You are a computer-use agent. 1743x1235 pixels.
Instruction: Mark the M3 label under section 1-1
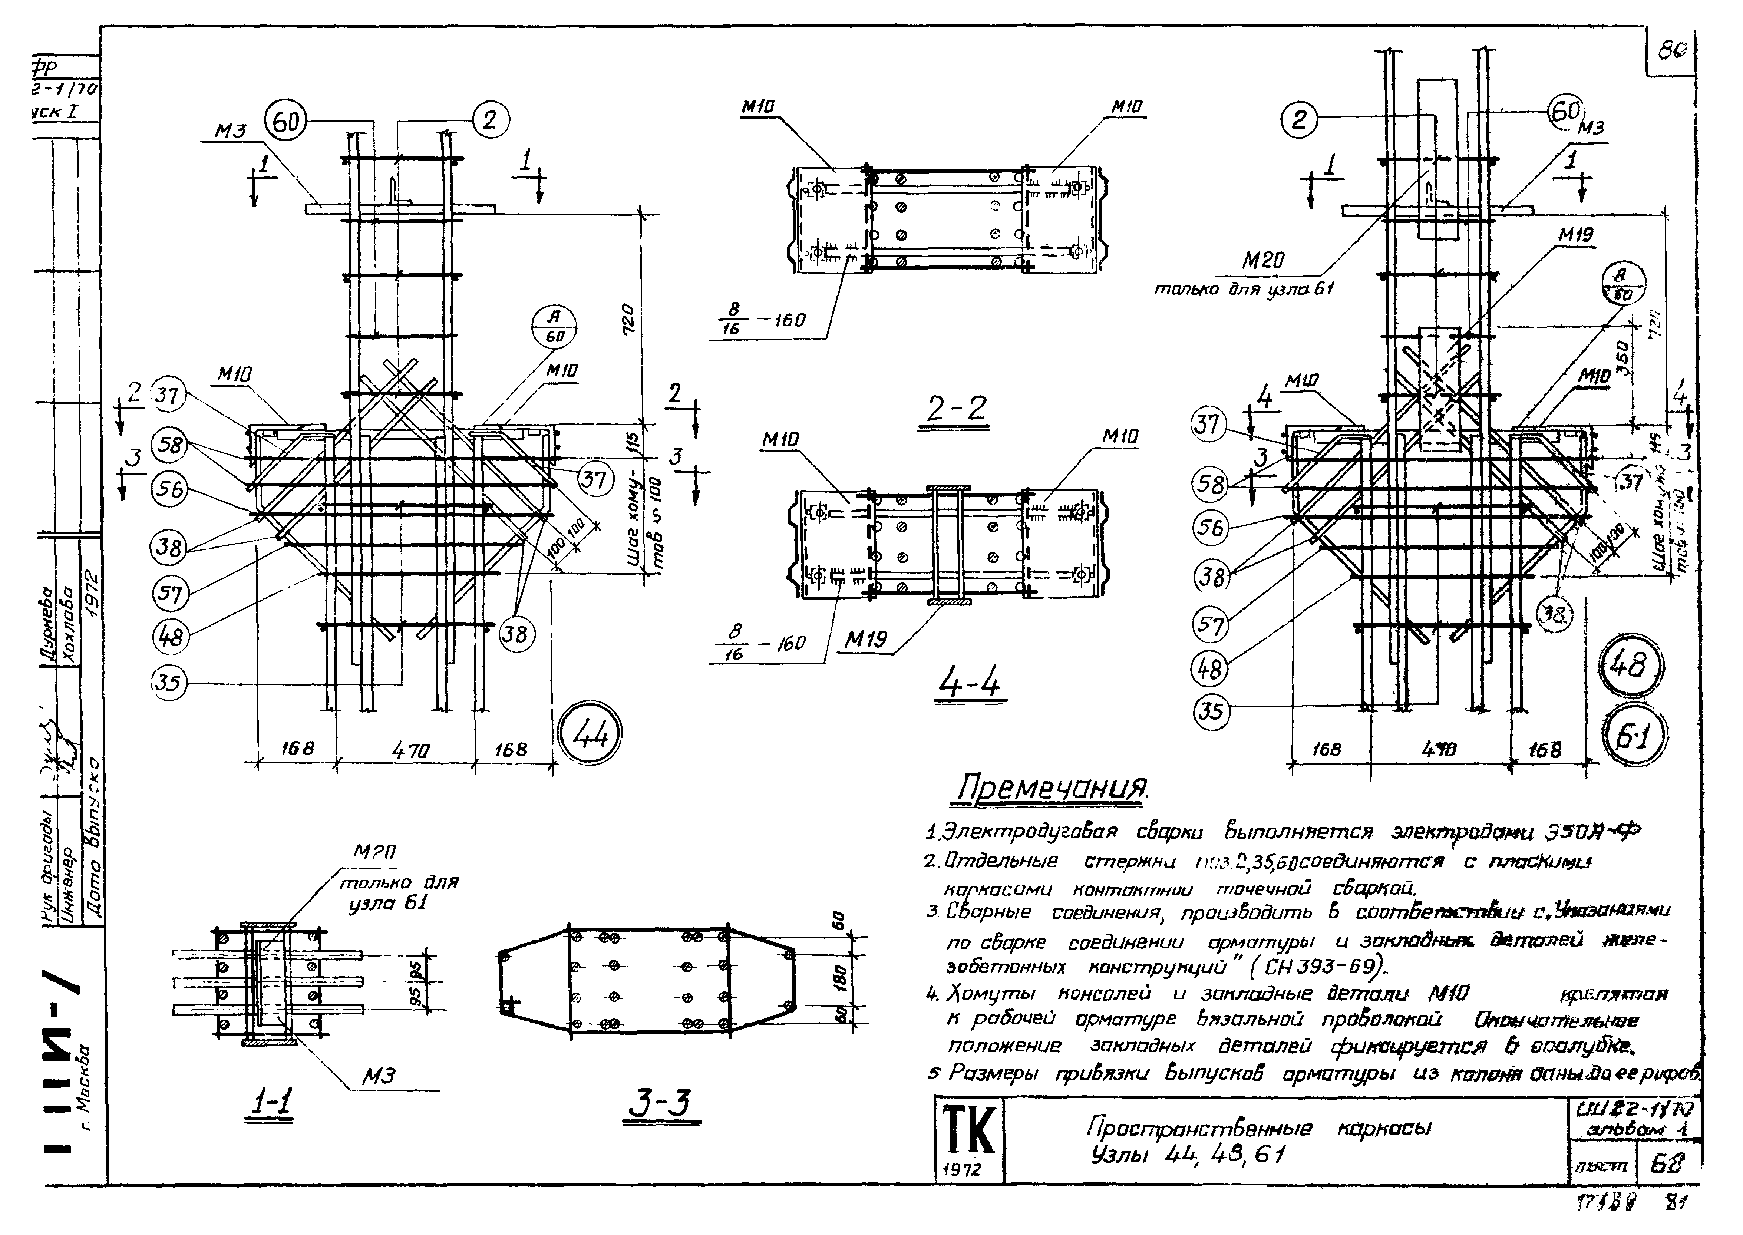click(x=379, y=1075)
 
